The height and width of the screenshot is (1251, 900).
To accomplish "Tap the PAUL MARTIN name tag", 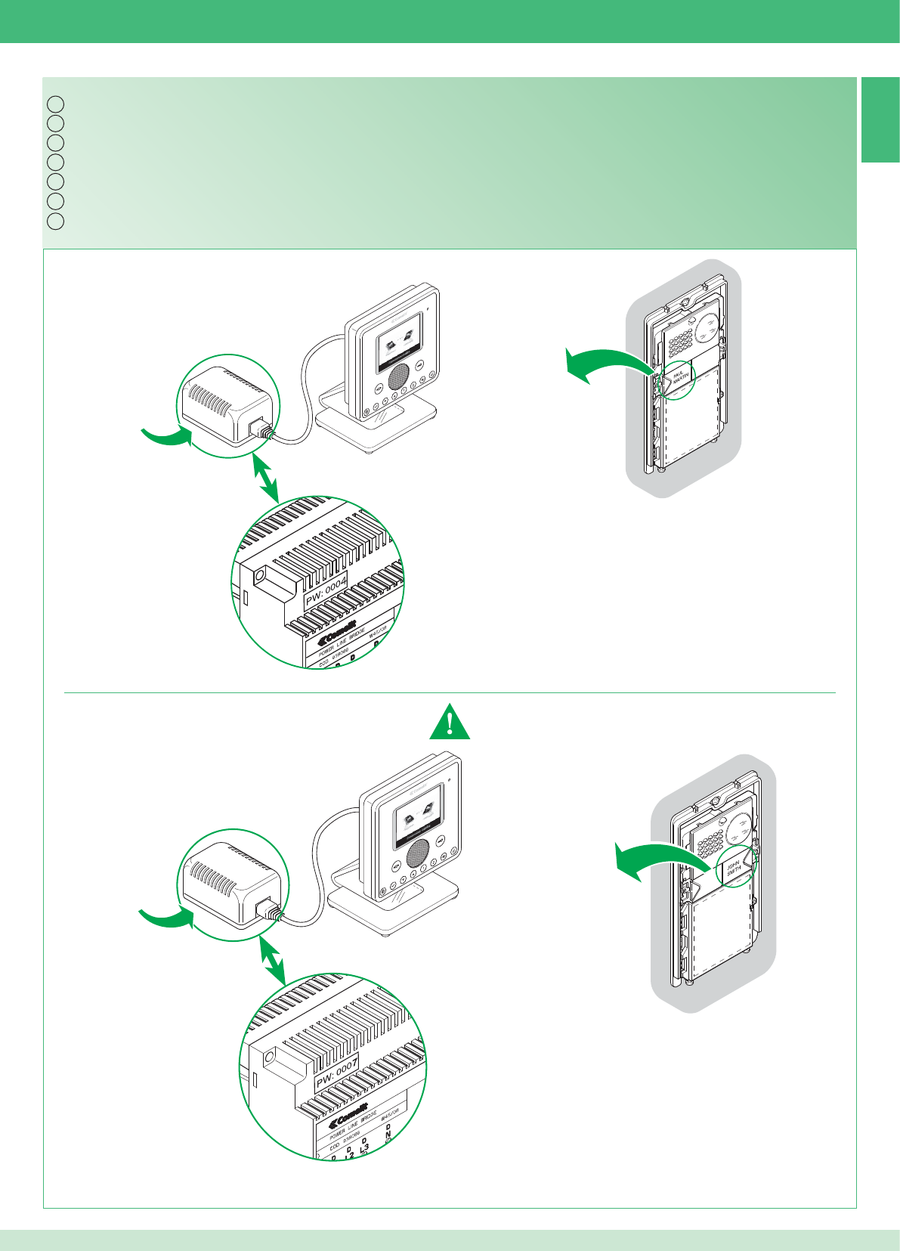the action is pyautogui.click(x=678, y=376).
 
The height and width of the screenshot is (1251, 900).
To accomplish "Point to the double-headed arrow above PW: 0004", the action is pyautogui.click(x=264, y=478).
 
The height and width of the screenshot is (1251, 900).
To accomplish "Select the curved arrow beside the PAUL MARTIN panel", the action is pyautogui.click(x=605, y=365).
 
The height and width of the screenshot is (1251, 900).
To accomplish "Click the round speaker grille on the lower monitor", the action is pyautogui.click(x=416, y=853).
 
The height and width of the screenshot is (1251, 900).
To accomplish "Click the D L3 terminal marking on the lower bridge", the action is pyautogui.click(x=364, y=1147).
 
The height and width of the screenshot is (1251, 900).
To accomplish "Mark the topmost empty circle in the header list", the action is pyautogui.click(x=54, y=104).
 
